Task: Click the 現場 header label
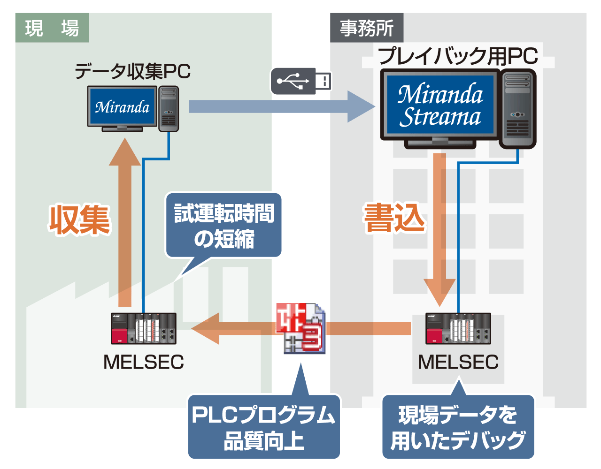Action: [52, 28]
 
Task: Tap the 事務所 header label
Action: [367, 28]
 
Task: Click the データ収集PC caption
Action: [133, 71]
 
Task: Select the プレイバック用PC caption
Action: [458, 56]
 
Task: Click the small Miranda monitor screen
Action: [123, 107]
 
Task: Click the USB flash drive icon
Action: [301, 81]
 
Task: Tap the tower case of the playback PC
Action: [518, 109]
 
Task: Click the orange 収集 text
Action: [80, 219]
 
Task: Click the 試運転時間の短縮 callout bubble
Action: [224, 226]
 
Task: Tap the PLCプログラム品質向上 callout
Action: [264, 427]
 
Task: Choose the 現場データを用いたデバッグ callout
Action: [458, 427]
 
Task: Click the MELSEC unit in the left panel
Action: [144, 329]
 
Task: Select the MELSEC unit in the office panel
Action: [458, 329]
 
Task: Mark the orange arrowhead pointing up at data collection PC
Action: [125, 152]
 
